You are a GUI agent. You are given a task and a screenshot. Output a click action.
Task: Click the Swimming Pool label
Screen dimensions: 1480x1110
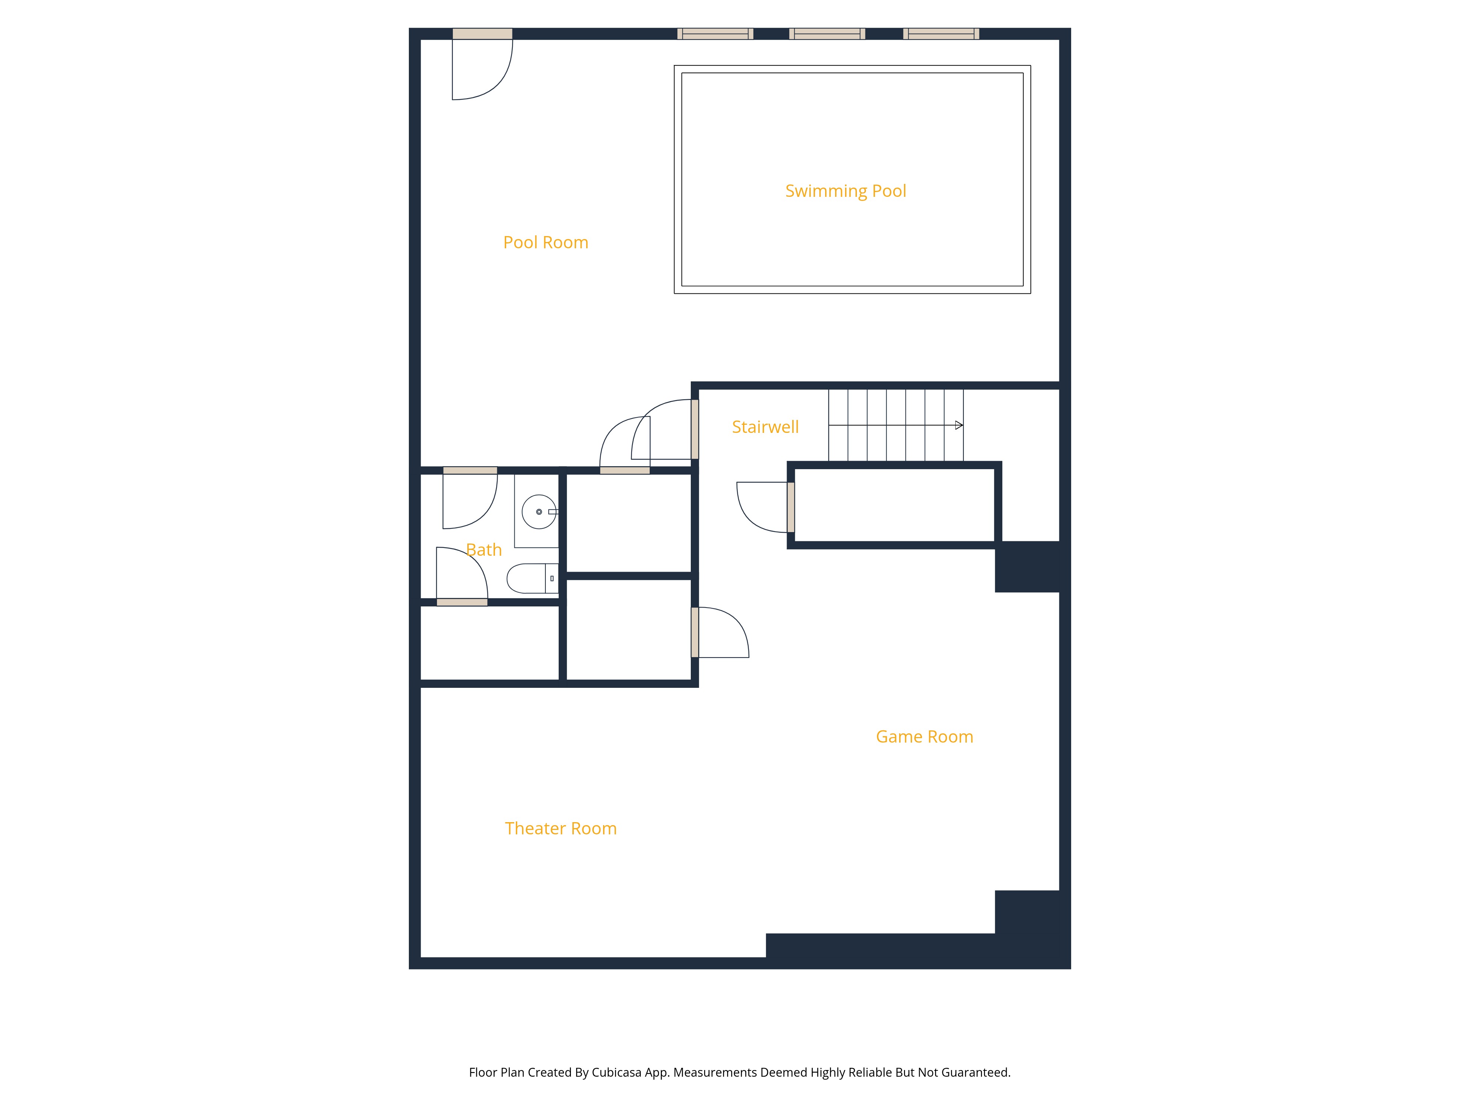click(846, 191)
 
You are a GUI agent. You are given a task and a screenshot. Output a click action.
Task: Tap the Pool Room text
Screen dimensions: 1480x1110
click(546, 242)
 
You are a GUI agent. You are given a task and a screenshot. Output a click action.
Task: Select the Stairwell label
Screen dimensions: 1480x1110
click(766, 427)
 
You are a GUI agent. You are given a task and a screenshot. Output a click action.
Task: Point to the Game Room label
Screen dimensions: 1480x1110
click(925, 737)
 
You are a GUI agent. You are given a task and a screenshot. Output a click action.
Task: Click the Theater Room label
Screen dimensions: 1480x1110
click(561, 828)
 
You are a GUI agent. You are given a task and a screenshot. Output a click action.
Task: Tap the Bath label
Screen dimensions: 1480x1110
click(484, 550)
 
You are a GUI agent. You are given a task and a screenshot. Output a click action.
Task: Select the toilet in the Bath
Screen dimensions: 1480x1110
click(532, 578)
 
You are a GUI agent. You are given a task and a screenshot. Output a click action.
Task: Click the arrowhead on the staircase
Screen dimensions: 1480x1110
click(959, 425)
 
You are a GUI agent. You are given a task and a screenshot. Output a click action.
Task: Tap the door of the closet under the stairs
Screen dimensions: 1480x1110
click(763, 507)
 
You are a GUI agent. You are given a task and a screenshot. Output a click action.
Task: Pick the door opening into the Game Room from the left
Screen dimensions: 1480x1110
click(720, 632)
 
